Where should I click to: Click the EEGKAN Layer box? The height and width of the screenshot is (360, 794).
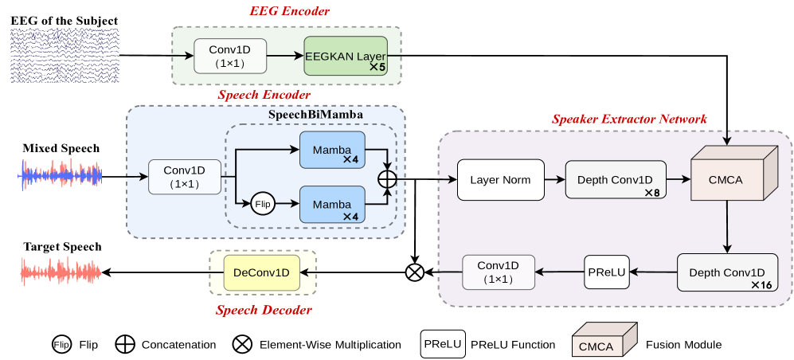(345, 56)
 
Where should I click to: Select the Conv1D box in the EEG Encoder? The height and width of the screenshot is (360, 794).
(230, 56)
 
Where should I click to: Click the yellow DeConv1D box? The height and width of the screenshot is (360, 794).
(262, 272)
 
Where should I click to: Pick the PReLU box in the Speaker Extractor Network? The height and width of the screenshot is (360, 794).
(607, 272)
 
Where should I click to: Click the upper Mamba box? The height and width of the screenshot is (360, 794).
(332, 150)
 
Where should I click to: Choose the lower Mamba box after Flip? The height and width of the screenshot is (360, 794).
(332, 205)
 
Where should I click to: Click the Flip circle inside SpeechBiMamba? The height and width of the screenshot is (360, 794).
(261, 205)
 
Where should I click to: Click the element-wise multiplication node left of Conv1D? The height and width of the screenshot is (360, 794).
(414, 272)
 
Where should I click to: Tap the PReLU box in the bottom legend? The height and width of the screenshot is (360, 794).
(440, 344)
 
